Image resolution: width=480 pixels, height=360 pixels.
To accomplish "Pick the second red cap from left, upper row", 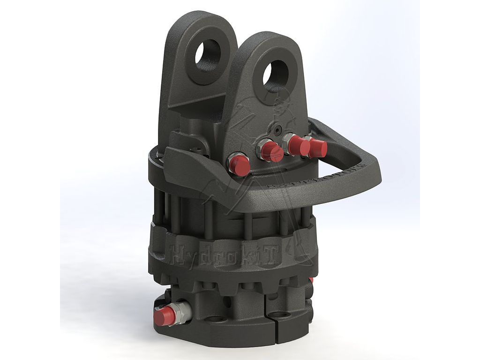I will point(270,151).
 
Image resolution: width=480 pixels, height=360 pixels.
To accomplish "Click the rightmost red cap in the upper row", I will point(318,148).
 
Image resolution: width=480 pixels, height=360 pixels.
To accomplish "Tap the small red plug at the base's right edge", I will point(311,281).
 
